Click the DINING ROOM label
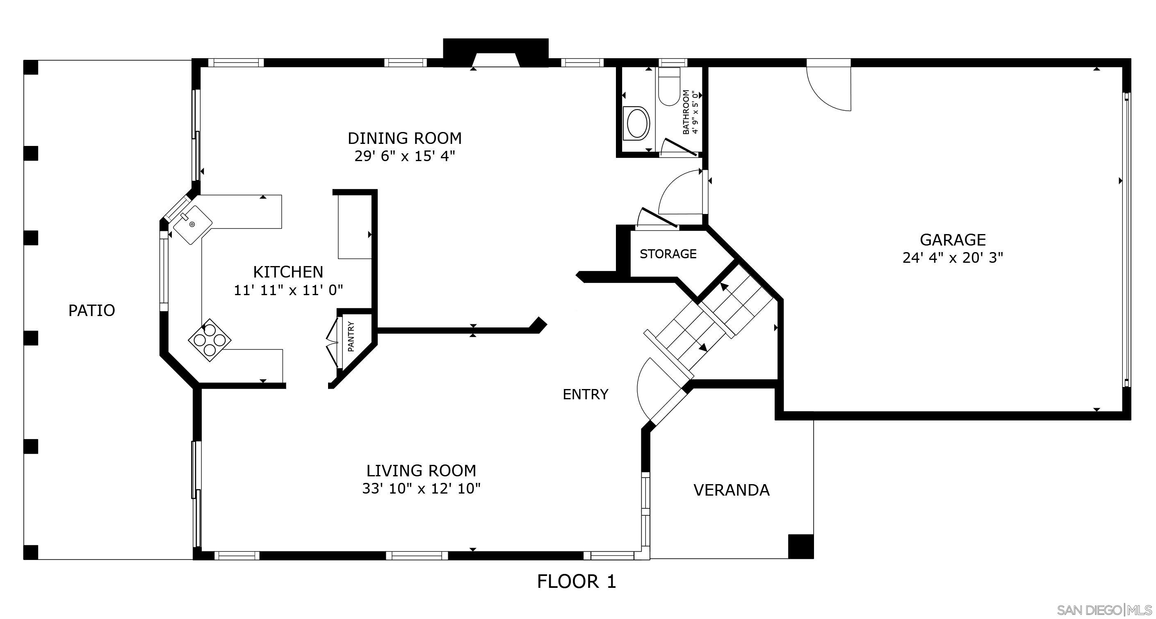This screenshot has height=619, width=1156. click(404, 138)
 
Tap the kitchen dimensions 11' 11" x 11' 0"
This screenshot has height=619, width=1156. click(288, 290)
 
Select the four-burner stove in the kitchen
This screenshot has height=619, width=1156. click(209, 340)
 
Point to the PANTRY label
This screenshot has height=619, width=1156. click(351, 337)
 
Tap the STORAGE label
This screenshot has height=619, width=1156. click(668, 254)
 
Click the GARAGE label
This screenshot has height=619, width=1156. click(952, 240)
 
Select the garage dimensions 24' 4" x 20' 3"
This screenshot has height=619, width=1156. click(952, 258)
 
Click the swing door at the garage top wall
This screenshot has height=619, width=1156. click(829, 87)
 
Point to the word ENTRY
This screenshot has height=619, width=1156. click(585, 394)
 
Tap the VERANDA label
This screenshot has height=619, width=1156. click(731, 490)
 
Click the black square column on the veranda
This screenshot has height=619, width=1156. click(800, 546)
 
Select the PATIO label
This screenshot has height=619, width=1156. click(91, 310)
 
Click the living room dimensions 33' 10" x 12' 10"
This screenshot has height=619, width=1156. click(421, 489)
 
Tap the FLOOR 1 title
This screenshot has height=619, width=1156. click(576, 582)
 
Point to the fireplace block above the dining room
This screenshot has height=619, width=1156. click(495, 53)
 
